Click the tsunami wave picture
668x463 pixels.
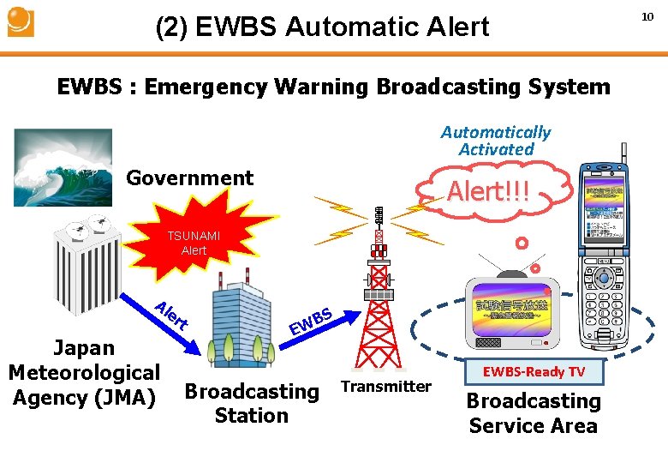pos(63,168)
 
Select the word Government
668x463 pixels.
pos(189,178)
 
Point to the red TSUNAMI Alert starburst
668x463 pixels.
pos(194,242)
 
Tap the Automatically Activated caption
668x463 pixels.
pos(496,141)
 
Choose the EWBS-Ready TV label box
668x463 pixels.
pos(534,371)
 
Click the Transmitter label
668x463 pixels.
pos(386,387)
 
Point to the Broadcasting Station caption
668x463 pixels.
pos(252,403)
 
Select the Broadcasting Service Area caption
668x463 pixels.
pos(533,413)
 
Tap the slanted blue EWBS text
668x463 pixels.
pos(311,321)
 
